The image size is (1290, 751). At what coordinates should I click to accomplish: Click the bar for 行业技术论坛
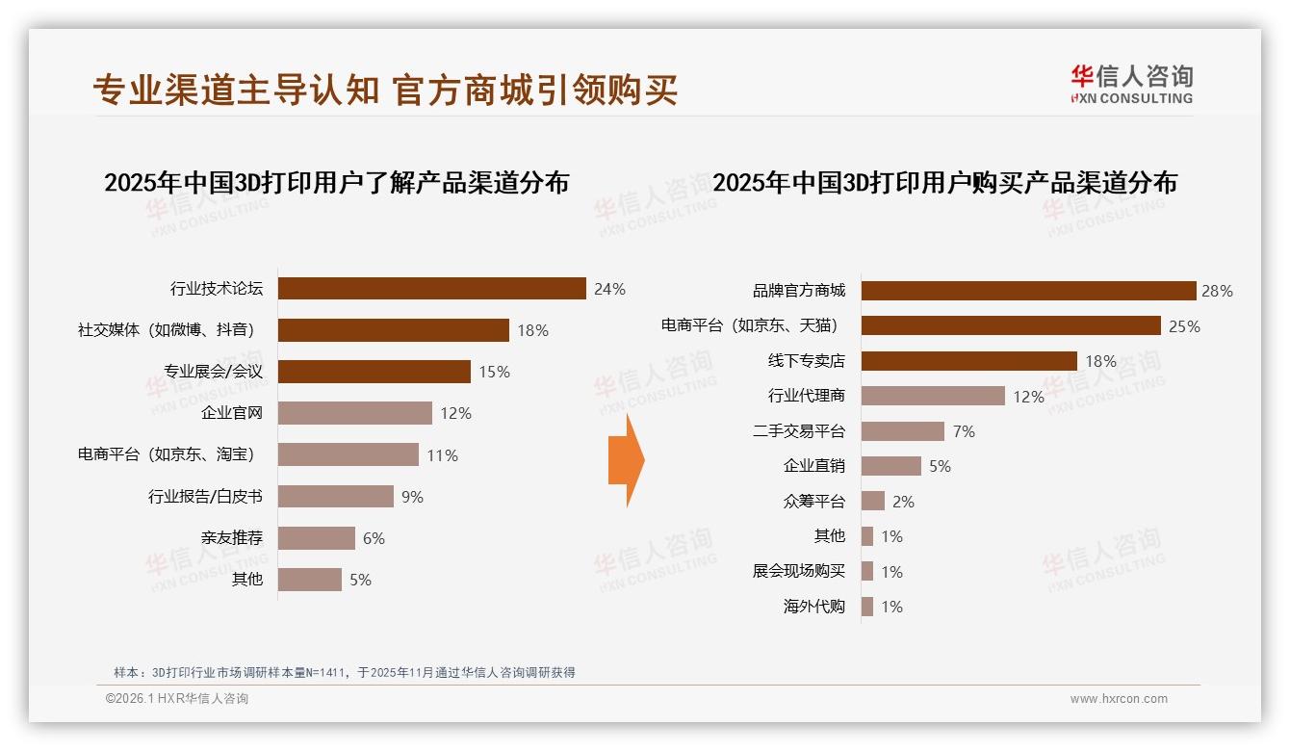coord(432,289)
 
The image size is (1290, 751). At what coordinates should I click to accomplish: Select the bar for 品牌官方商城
coord(1028,291)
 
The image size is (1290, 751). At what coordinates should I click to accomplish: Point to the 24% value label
coord(609,289)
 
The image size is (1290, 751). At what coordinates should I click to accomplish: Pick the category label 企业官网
coord(232,413)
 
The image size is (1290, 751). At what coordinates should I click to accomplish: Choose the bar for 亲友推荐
coord(317,538)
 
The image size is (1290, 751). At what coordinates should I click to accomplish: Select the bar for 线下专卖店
coord(968,361)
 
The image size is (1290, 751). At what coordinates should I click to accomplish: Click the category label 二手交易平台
coord(799,431)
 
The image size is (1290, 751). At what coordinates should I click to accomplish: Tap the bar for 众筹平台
coord(873,501)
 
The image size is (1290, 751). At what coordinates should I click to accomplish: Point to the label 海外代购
coord(814,607)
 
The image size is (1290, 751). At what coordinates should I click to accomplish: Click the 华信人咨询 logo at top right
coord(1131,84)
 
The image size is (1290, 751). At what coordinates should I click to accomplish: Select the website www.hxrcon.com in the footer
coord(1119,699)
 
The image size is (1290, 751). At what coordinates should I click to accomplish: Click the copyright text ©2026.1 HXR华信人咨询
coord(177,699)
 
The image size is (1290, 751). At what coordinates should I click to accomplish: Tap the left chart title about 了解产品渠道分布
coord(336,183)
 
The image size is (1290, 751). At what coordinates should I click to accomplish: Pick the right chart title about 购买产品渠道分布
coord(944,183)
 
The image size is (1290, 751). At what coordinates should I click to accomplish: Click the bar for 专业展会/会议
coord(374,372)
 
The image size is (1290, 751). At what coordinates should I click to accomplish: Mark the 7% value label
coord(964,431)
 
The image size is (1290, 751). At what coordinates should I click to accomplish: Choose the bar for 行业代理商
coord(933,396)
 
